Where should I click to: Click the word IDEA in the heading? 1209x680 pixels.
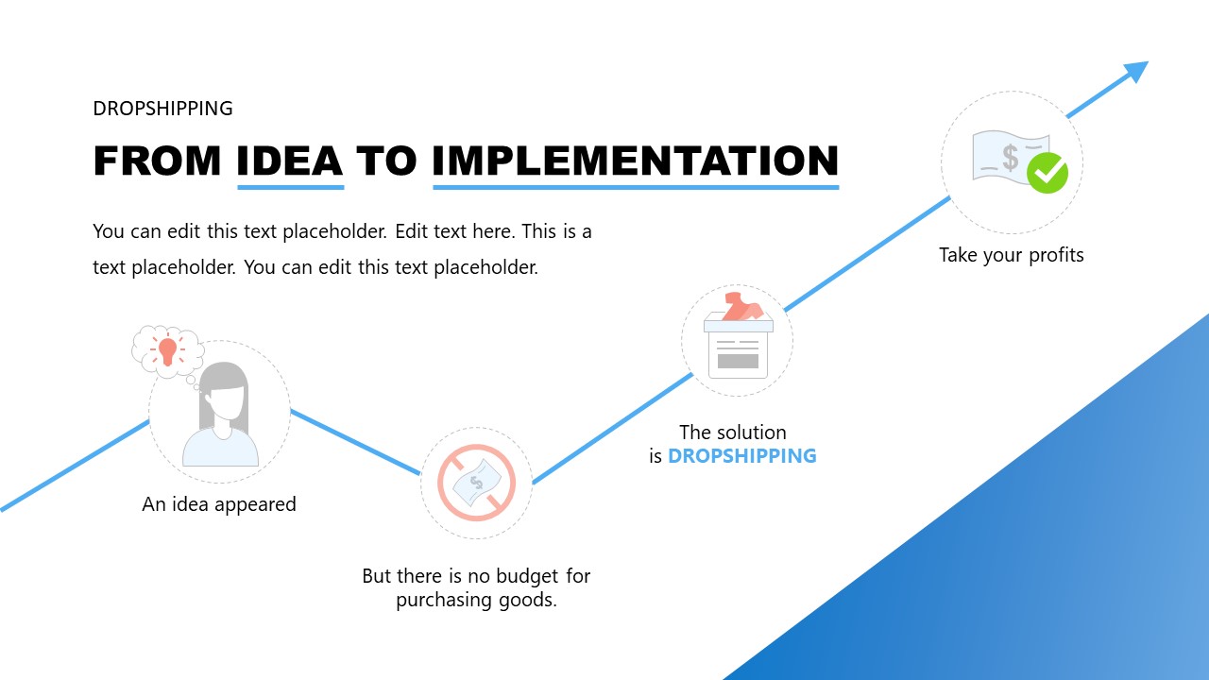290,161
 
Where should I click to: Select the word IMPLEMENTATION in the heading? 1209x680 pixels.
636,161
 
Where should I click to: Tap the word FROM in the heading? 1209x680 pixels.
158,161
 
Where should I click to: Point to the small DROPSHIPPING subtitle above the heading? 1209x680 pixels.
162,109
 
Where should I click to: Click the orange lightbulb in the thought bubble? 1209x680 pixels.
168,350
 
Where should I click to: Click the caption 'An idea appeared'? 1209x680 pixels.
219,504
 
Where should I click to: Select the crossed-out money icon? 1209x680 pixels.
476,483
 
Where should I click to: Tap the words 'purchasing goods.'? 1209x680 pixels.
476,600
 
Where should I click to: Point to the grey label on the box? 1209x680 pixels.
738,360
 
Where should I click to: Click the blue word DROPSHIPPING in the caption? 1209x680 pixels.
741,456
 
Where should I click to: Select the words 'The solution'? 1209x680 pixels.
733,433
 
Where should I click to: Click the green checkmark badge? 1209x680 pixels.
1047,173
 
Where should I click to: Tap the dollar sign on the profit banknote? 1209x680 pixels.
1011,158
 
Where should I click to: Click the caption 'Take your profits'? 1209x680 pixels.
1012,255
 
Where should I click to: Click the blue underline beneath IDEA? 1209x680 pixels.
290,187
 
